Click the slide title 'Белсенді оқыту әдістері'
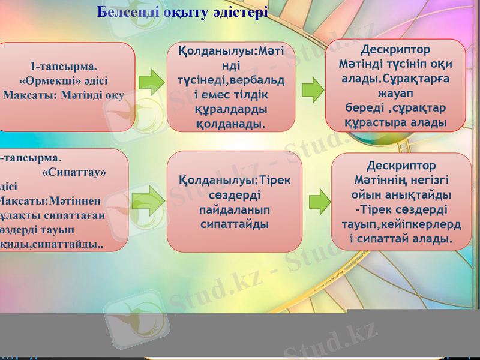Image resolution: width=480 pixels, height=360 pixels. [183, 12]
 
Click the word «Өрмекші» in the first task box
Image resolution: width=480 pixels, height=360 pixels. [64, 81]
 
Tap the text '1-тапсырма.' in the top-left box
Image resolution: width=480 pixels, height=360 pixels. [64, 66]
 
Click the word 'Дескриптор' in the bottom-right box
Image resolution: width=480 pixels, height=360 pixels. [401, 166]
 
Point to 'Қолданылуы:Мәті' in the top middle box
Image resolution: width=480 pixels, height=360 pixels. [232, 52]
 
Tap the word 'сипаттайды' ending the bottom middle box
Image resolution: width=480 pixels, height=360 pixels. [234, 224]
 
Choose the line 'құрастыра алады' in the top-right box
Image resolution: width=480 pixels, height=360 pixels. [395, 122]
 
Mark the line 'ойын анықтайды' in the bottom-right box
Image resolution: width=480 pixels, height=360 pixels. [401, 196]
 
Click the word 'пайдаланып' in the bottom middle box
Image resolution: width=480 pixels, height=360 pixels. [234, 210]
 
